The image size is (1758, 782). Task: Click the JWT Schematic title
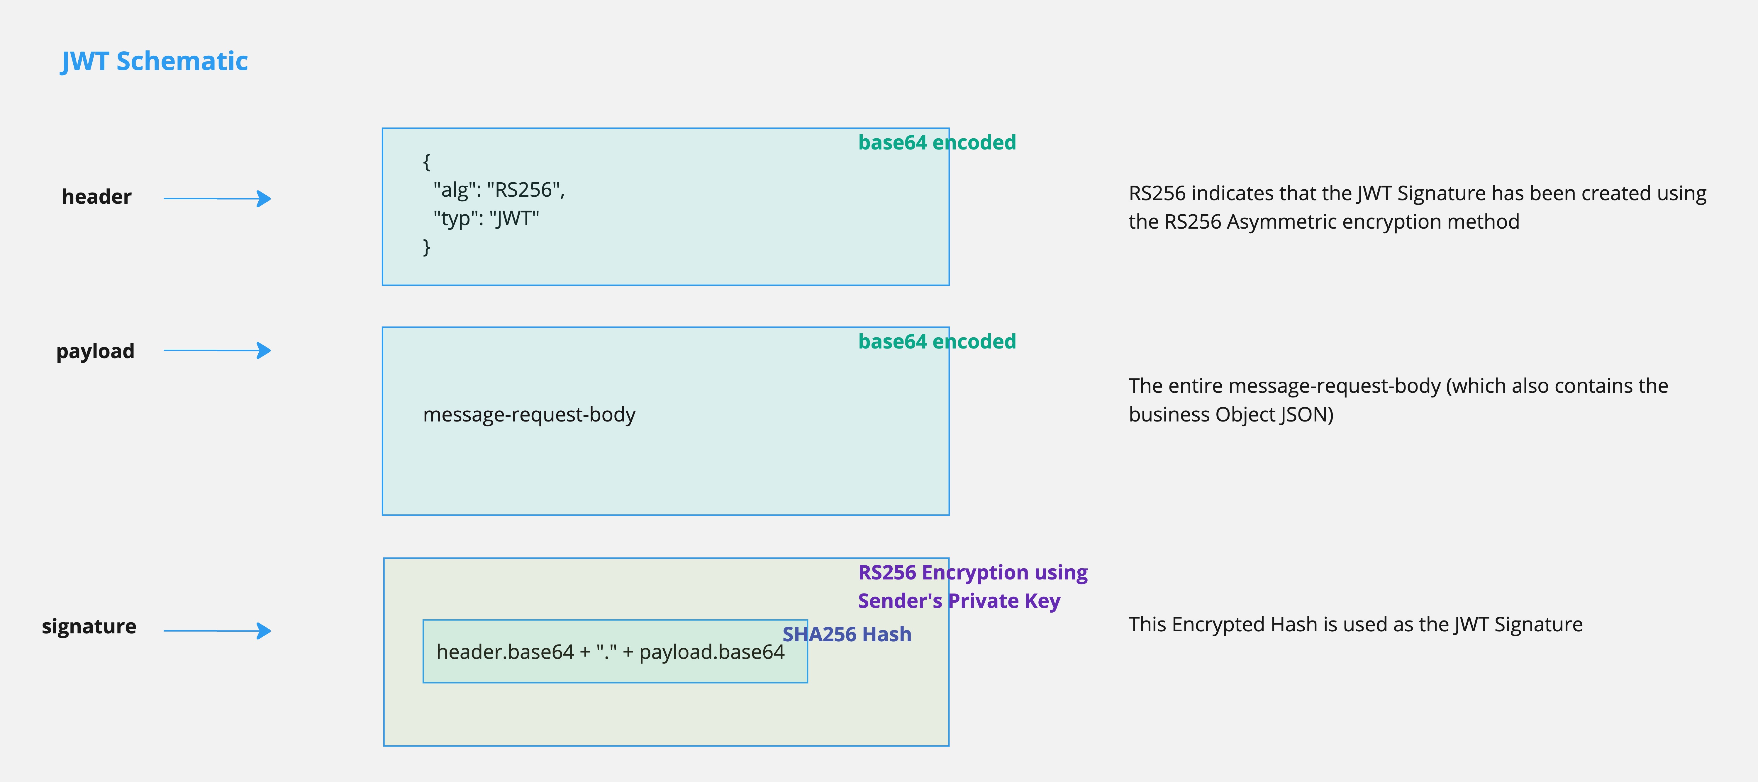pos(154,62)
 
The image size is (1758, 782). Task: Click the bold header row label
pos(96,196)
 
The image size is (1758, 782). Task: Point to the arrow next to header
pos(217,198)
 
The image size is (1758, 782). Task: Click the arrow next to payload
pos(217,351)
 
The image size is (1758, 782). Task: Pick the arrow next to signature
pos(217,630)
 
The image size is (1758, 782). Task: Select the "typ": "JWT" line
pos(486,218)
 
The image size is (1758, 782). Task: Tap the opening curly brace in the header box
pos(427,162)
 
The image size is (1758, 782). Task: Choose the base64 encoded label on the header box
pos(936,143)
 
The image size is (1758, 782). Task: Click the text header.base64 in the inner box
pos(505,652)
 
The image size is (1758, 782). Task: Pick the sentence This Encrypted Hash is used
pos(1355,624)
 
